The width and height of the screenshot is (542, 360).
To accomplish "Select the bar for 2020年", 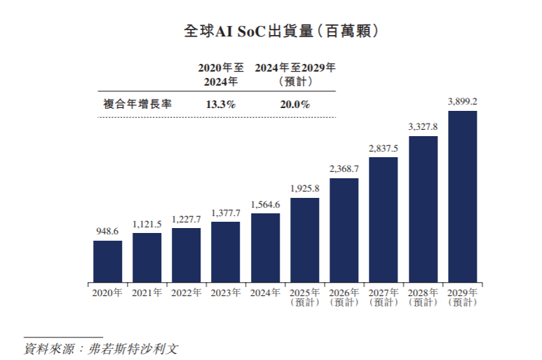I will [107, 261].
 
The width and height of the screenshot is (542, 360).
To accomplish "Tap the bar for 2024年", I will [265, 247].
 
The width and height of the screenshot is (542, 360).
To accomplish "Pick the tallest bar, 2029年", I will [462, 196].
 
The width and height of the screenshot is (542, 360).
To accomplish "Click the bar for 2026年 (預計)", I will [344, 229].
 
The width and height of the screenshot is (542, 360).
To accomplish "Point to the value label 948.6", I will [107, 230].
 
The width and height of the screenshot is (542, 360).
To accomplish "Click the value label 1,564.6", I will [265, 204].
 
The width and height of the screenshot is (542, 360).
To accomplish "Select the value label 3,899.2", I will [462, 102].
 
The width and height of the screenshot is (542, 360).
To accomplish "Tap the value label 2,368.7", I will [344, 169].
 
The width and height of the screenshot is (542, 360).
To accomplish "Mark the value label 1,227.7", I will [186, 218].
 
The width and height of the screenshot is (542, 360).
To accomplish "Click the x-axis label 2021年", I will [147, 292].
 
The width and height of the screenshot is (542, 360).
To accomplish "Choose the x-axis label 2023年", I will [225, 292].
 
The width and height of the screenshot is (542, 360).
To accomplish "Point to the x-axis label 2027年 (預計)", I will [383, 297].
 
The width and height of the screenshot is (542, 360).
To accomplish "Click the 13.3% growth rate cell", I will [220, 104].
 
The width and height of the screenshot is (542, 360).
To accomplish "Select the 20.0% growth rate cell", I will [294, 104].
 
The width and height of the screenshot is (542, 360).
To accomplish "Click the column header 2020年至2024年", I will [220, 74].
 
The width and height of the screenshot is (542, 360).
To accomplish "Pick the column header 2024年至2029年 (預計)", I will [294, 74].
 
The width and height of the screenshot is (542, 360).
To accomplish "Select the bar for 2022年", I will [186, 255].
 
